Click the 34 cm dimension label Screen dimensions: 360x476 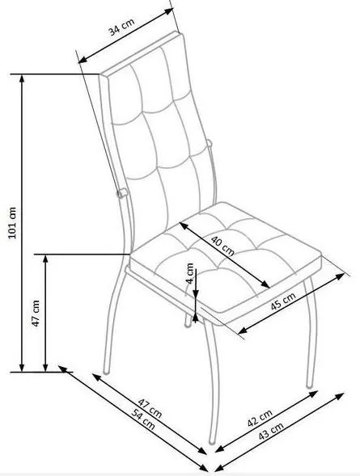pos(121,27)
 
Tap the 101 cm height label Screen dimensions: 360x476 pos(12,223)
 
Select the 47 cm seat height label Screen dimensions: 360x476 pos(36,313)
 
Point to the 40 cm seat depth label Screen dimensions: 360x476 pos(222,245)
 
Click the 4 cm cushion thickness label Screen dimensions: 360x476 pos(190,273)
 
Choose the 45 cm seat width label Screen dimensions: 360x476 pos(283,301)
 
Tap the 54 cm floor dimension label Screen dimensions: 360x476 pos(143,419)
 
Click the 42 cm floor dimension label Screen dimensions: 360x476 pos(260,418)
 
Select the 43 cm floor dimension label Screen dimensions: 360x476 pos(271,431)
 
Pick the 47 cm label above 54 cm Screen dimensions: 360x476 pos(150,407)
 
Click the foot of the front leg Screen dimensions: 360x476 pos(212,441)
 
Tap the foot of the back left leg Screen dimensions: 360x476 pos(106,371)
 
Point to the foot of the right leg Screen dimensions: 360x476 pos(309,385)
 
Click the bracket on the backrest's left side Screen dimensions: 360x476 pos(121,193)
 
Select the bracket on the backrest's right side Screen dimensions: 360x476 pos(209,142)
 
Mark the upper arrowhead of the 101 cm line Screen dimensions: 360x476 pos(22,78)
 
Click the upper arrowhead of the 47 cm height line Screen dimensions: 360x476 pos(45,259)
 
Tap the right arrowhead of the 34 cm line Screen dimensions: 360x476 pos(169,11)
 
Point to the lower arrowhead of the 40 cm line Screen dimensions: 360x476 pos(265,284)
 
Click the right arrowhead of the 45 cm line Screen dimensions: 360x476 pos(341,276)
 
